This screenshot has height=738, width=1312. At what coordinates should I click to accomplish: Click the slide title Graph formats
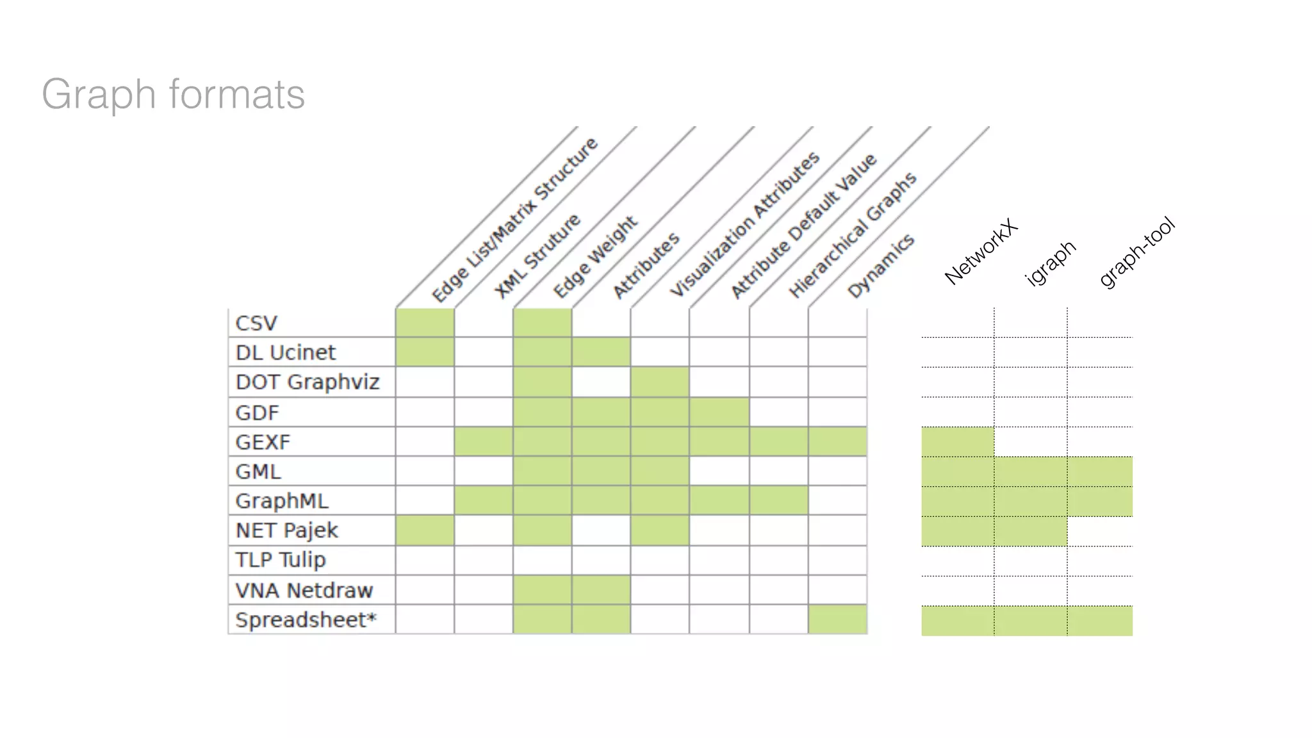point(173,94)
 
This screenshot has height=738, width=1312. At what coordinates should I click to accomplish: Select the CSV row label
point(256,323)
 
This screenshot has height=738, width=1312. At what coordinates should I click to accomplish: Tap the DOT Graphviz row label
point(307,382)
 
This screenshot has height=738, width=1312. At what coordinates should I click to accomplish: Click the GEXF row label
point(263,442)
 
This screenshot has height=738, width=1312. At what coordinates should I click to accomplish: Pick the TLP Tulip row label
point(281,560)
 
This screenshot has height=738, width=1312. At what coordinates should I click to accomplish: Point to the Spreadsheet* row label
point(306,619)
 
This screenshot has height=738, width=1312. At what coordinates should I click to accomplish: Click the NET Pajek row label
point(286,530)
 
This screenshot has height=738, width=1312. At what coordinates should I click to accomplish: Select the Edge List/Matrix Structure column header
point(514,220)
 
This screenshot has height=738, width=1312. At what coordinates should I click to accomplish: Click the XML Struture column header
point(537,256)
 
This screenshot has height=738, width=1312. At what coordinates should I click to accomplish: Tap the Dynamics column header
point(881,265)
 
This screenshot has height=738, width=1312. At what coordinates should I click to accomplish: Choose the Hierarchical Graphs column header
point(853,235)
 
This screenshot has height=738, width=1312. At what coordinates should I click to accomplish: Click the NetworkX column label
point(981,252)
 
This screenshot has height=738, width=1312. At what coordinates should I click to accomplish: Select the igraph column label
point(1051,263)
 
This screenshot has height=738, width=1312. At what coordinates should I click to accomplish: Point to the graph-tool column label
point(1137,252)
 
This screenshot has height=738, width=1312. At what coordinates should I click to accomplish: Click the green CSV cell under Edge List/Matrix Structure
point(425,322)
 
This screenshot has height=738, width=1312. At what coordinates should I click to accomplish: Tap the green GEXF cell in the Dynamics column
point(837,441)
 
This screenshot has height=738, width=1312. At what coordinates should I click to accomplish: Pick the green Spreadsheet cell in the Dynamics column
point(837,619)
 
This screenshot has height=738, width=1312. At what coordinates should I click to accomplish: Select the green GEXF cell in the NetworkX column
point(958,441)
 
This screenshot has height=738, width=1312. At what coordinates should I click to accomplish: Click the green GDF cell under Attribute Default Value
point(719,412)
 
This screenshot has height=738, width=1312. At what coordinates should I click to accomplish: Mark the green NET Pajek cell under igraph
point(1030,531)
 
